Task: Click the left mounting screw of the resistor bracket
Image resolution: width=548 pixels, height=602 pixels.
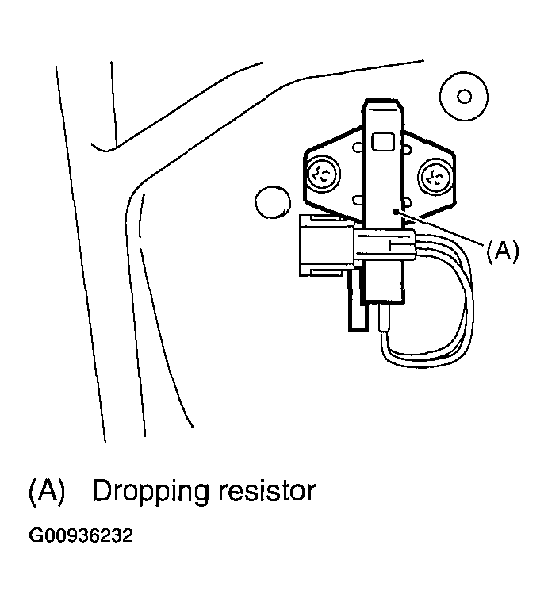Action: tap(324, 174)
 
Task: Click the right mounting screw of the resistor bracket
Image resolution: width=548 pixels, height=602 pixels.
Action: tap(435, 174)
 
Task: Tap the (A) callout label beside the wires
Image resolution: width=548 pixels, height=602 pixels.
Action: tap(502, 251)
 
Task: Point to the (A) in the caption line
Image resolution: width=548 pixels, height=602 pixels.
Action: tap(46, 491)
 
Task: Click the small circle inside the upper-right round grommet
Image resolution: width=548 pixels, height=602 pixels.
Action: tap(465, 96)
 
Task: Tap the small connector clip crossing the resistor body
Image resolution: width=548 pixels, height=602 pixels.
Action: tap(385, 245)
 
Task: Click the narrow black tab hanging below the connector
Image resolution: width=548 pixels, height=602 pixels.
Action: tap(355, 309)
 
